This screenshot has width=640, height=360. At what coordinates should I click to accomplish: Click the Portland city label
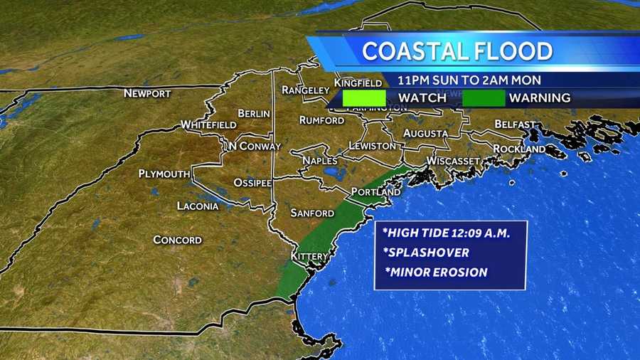click(x=376, y=192)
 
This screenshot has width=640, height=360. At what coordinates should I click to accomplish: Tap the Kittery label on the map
click(x=310, y=256)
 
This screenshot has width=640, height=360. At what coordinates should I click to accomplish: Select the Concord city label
click(x=178, y=240)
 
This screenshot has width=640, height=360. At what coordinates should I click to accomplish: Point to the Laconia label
click(x=198, y=206)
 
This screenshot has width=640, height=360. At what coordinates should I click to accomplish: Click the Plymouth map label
click(x=164, y=174)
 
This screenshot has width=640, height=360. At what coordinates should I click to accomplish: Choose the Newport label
click(x=147, y=93)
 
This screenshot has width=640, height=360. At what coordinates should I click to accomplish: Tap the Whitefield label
click(x=208, y=125)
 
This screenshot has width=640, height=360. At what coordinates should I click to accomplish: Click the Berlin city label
click(x=254, y=113)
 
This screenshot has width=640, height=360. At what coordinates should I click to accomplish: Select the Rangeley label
click(x=306, y=90)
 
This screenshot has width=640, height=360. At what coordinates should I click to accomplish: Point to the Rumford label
click(x=321, y=120)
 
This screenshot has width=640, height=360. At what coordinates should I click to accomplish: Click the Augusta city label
click(x=425, y=133)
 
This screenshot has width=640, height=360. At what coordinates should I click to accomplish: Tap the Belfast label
click(x=515, y=124)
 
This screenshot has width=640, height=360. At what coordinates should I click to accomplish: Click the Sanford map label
click(x=312, y=213)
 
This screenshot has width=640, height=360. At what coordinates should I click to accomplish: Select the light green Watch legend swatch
click(x=364, y=97)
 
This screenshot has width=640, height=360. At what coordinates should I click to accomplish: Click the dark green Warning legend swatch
click(x=484, y=97)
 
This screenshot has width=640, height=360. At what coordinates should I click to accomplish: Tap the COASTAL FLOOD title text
click(x=457, y=51)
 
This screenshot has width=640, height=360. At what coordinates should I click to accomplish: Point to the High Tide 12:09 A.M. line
click(x=455, y=233)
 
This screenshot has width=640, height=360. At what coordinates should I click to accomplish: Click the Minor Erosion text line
click(x=437, y=272)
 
